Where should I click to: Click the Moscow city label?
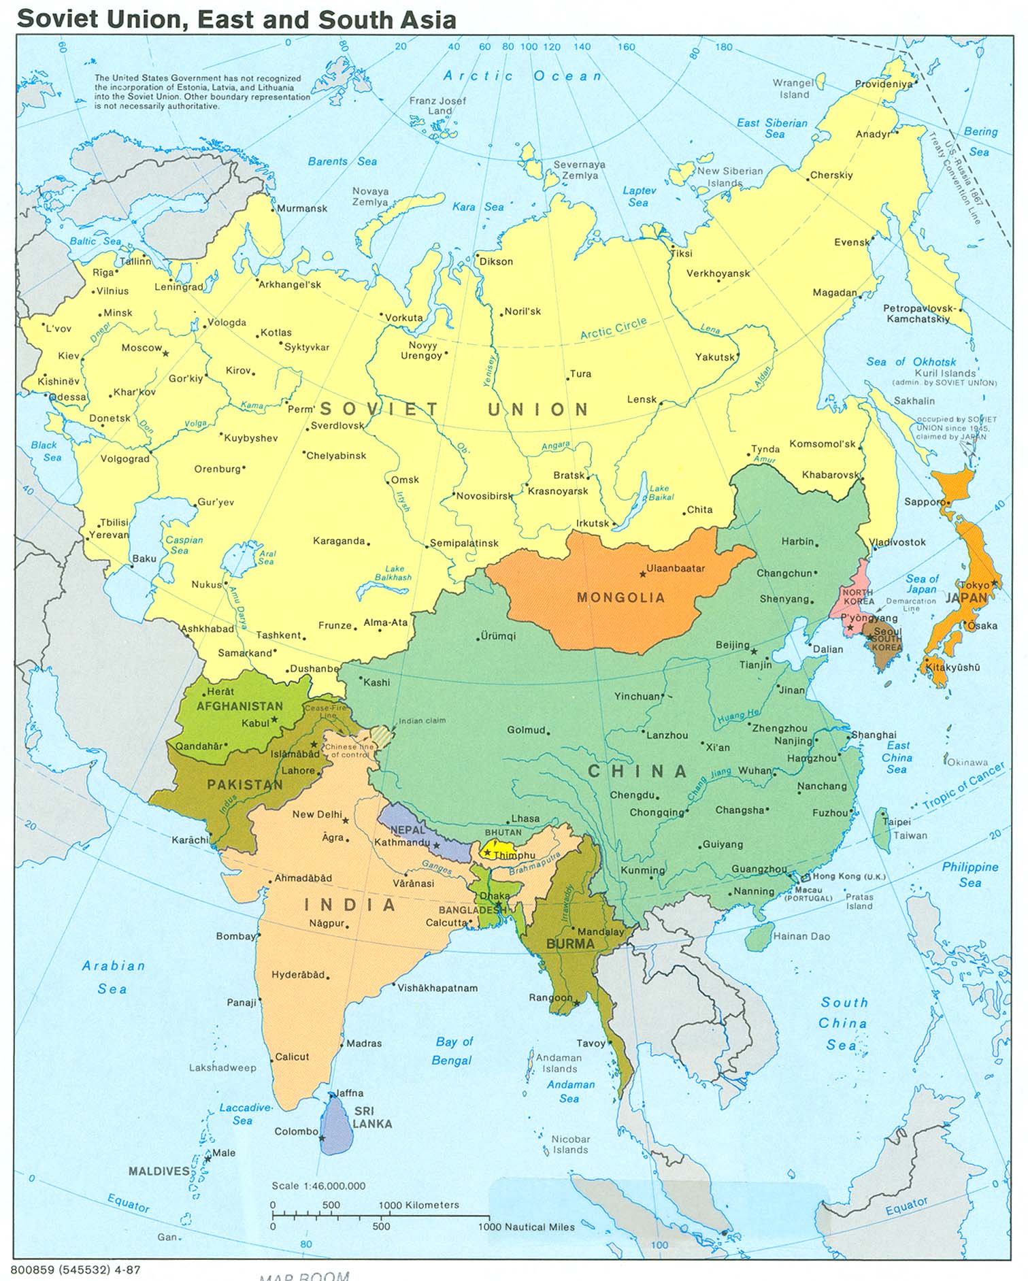[142, 348]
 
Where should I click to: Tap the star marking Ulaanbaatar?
[642, 575]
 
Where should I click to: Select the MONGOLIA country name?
[620, 597]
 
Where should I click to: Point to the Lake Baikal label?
[659, 493]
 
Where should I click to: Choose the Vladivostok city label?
[898, 542]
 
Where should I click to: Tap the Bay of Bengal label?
[452, 1050]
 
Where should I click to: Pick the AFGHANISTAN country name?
[239, 706]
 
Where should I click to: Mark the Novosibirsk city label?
[484, 496]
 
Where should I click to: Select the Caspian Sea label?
[184, 544]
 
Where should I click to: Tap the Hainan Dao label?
[801, 936]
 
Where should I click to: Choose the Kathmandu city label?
[401, 842]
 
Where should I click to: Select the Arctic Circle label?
[613, 329]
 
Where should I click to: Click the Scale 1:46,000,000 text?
[318, 1186]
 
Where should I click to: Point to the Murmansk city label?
[301, 208]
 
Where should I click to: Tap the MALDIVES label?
[159, 1171]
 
